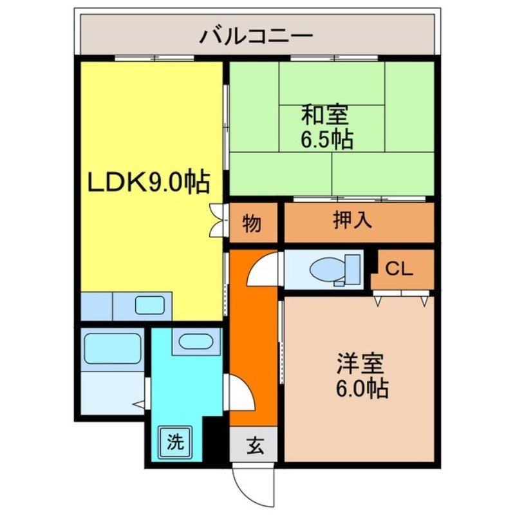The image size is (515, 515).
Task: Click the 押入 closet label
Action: pyautogui.click(x=352, y=221)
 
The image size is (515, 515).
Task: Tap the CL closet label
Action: pyautogui.click(x=399, y=270)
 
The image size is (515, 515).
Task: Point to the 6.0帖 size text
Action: pyautogui.click(x=361, y=388)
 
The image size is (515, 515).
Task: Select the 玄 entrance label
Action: pyautogui.click(x=254, y=444)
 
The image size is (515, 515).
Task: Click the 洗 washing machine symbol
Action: pyautogui.click(x=175, y=442)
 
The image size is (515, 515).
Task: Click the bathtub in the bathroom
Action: pyautogui.click(x=113, y=348)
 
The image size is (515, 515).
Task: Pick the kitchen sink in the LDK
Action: pyautogui.click(x=150, y=306)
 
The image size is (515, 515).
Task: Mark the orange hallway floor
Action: pyautogui.click(x=253, y=341)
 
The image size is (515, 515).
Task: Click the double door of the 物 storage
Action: pyautogui.click(x=217, y=221)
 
